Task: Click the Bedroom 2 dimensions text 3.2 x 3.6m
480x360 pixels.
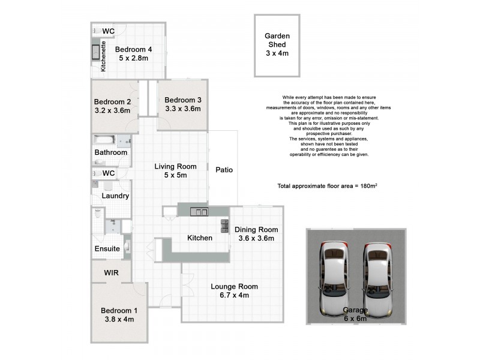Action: pos(112,110)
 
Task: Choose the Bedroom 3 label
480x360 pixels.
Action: pos(182,100)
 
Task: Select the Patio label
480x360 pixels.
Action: pos(224,170)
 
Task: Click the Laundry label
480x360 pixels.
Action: pos(116,196)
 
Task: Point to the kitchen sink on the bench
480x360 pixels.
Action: pos(199,211)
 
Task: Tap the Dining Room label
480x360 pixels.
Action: pos(256,229)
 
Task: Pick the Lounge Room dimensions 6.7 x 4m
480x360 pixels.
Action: pos(230,295)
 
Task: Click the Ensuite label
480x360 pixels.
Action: pos(107,248)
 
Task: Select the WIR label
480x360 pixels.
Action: pos(111,272)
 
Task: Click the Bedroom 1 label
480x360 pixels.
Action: pos(119,310)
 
